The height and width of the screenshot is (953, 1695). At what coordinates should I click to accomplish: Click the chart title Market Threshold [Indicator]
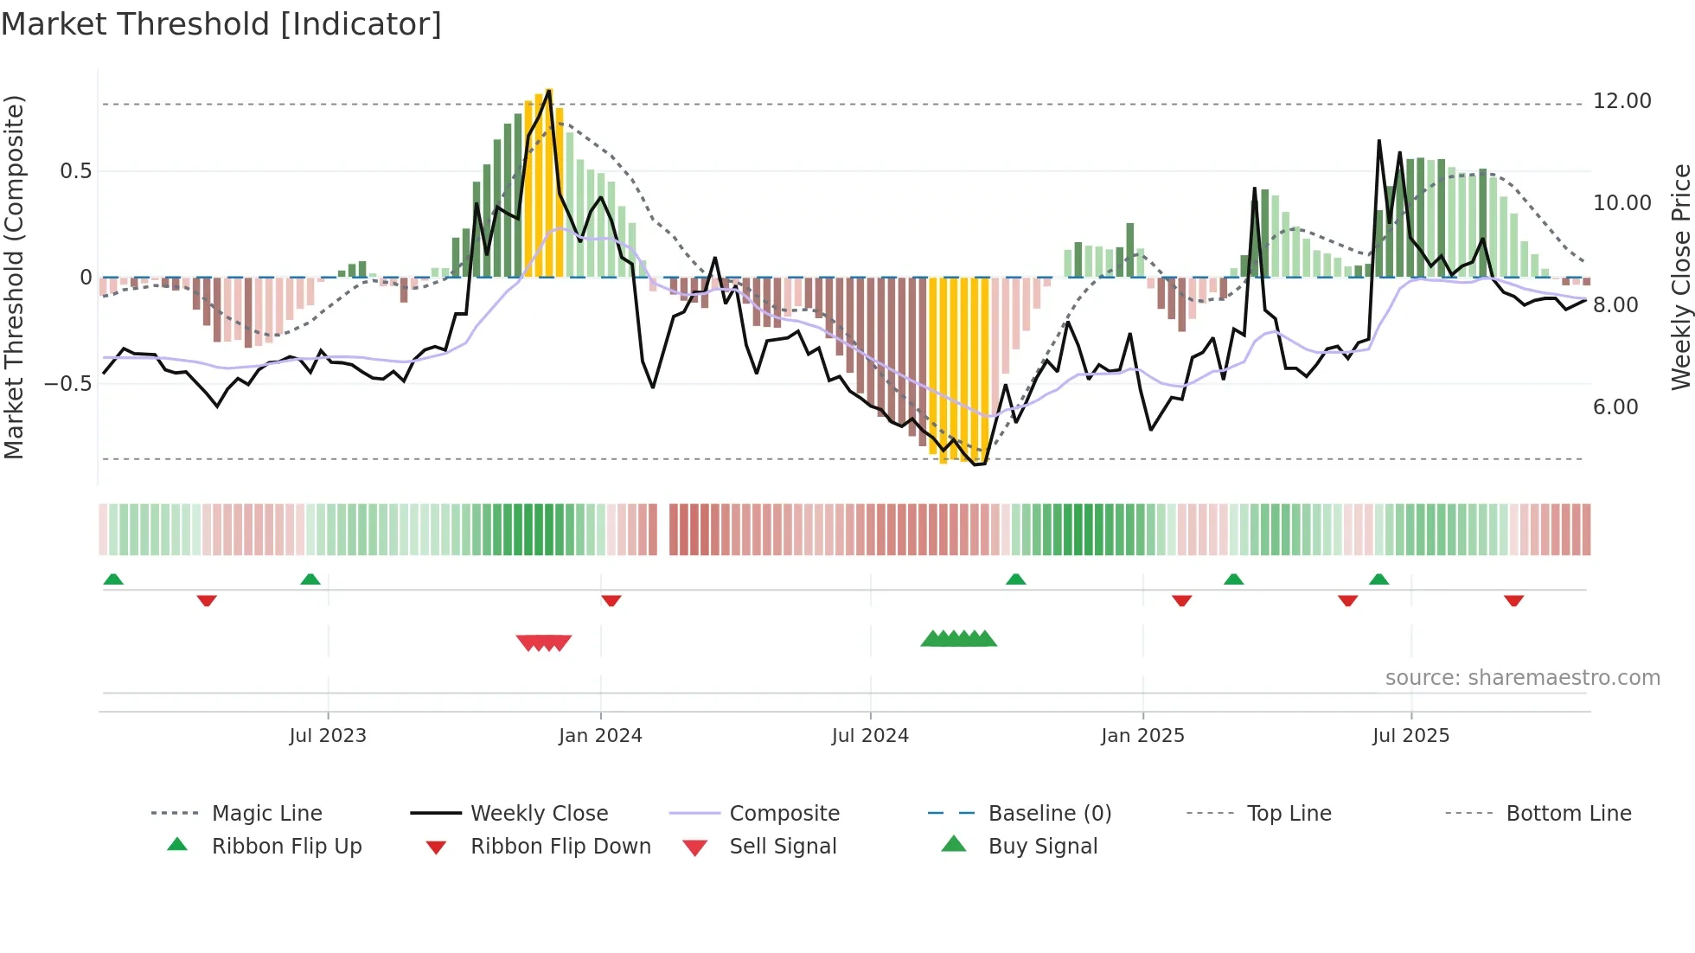[221, 24]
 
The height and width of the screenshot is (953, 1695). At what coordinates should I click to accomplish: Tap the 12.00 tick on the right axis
[1621, 101]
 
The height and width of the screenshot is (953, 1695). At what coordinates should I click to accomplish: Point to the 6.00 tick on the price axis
[1615, 407]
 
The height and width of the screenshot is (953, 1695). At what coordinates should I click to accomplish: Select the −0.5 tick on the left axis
[67, 383]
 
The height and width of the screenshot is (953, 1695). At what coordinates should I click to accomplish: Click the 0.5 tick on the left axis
[75, 171]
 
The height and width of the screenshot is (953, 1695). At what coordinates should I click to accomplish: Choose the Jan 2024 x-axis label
[600, 736]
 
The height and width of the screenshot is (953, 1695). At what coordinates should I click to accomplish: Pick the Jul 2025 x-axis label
[1410, 736]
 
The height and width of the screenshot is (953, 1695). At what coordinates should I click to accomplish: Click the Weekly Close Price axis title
[1680, 277]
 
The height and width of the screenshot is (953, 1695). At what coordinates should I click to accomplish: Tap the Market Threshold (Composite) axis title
[14, 277]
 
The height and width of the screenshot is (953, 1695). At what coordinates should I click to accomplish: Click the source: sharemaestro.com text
[1522, 678]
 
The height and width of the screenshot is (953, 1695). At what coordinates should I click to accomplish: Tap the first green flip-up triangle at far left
[113, 579]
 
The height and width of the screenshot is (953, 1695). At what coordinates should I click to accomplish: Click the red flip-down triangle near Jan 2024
[611, 600]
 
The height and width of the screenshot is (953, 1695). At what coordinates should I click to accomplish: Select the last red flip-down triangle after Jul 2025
[1513, 600]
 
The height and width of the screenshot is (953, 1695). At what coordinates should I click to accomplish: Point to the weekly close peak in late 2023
[549, 91]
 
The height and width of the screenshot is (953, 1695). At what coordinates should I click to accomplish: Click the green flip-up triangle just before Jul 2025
[1379, 579]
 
